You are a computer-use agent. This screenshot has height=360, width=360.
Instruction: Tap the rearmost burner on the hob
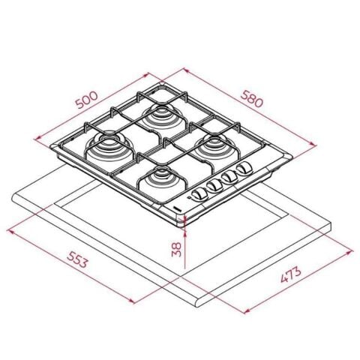pos(161,116)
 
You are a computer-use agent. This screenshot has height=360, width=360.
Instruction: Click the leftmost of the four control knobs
pos(199,193)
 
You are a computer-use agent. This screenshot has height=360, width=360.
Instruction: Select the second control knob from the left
pos(214,186)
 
